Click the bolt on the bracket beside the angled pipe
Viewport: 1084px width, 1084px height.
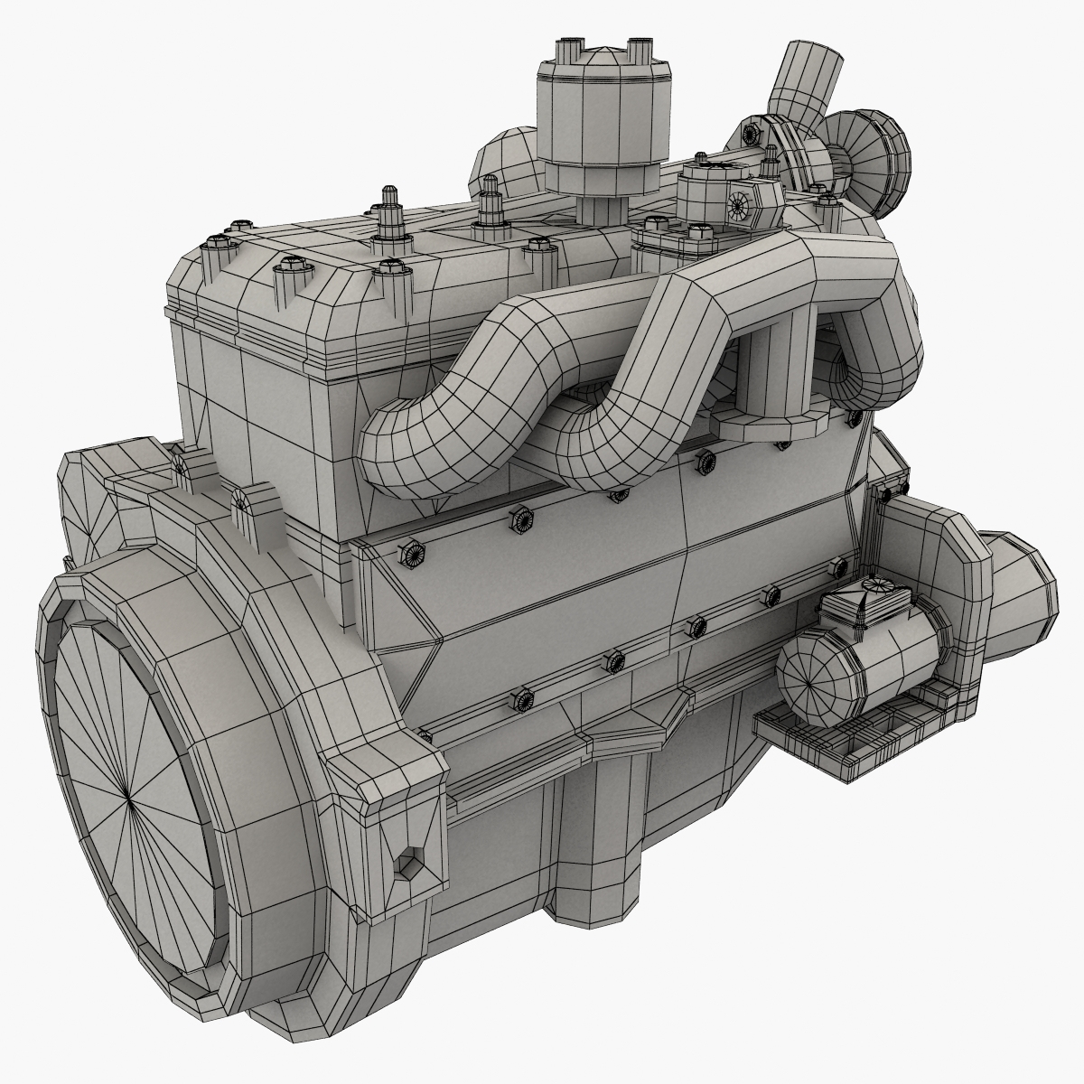[x=750, y=134]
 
